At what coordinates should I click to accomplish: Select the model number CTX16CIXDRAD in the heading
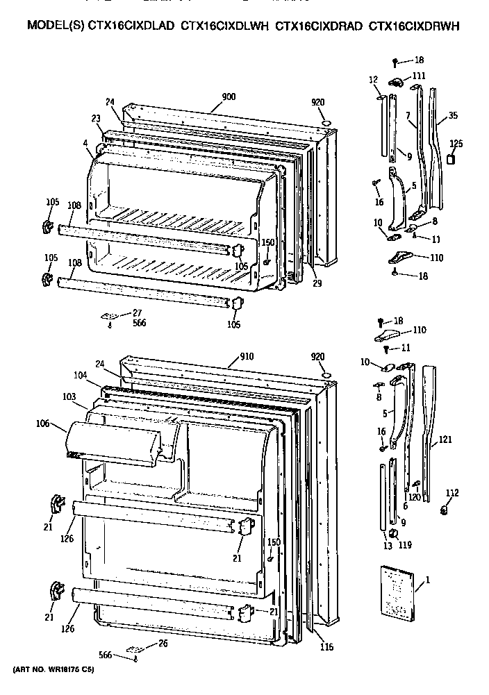point(318,26)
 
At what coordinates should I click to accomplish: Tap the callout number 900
point(228,98)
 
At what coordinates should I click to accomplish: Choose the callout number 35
point(453,116)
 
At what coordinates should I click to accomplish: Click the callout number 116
point(326,647)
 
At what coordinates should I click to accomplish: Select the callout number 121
point(446,440)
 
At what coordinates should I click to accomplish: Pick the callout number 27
point(137,313)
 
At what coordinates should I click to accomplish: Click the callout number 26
point(163,643)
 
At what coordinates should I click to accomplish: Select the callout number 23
point(96,118)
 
